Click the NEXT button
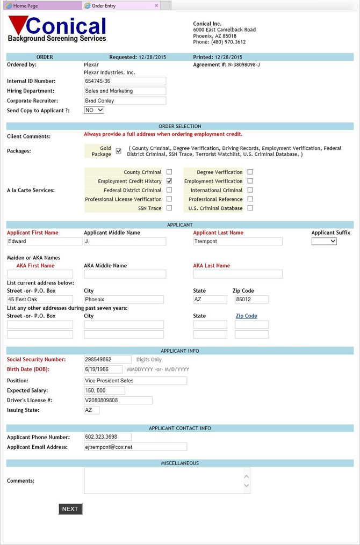click(x=70, y=508)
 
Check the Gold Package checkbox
click(x=119, y=151)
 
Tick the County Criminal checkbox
click(x=169, y=172)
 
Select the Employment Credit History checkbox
click(x=169, y=181)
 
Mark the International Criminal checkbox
click(x=250, y=190)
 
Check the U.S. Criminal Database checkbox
click(x=250, y=208)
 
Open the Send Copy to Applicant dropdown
click(x=94, y=110)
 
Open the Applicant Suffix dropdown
click(x=324, y=241)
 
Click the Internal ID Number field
click(x=125, y=81)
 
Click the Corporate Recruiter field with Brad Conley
click(x=125, y=100)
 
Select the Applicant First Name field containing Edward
click(x=40, y=241)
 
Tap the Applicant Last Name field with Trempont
click(x=237, y=241)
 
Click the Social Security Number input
click(x=107, y=359)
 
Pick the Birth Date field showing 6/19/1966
click(x=104, y=369)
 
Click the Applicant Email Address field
click(x=135, y=447)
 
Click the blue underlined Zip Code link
click(x=246, y=316)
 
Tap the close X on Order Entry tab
click(x=156, y=5)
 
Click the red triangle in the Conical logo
click(x=18, y=25)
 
